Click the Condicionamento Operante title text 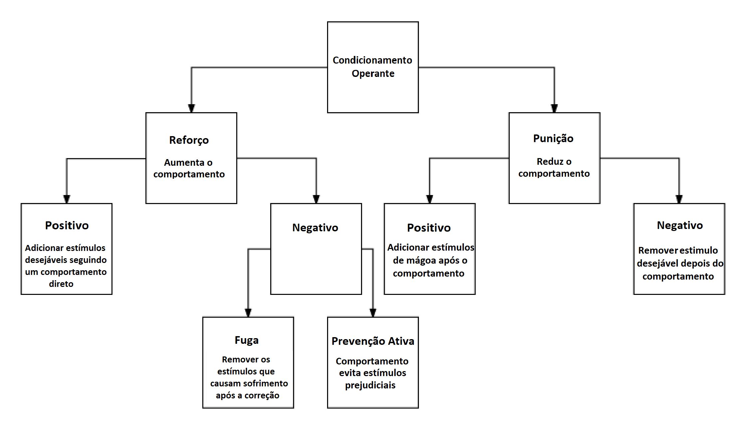[373, 67]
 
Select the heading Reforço [189, 140]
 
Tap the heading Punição [553, 138]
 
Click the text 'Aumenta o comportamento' [189, 168]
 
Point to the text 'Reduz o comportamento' [554, 167]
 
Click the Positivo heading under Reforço [67, 225]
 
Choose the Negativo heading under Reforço [315, 228]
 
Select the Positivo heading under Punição [429, 228]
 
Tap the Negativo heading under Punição [680, 225]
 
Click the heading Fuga [247, 340]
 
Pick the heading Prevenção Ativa [373, 341]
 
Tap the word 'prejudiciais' [370, 385]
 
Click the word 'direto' [61, 284]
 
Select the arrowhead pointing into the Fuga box [248, 312]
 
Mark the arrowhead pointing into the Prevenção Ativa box [373, 312]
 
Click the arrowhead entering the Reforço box [191, 108]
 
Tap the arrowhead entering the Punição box [555, 108]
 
